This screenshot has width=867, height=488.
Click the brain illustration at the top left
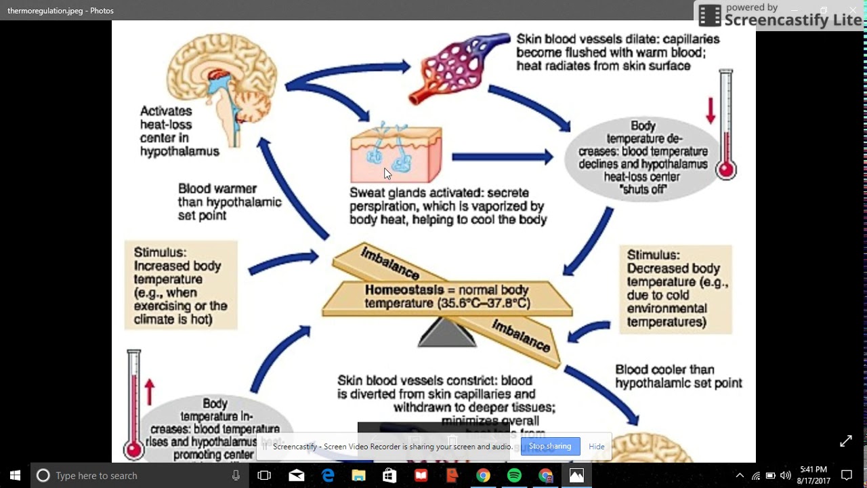pos(222,88)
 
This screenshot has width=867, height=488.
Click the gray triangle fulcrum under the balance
pos(447,333)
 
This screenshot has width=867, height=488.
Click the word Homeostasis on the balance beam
pos(404,290)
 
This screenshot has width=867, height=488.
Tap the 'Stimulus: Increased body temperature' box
pos(181,285)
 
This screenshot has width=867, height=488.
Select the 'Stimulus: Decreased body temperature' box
pos(676,289)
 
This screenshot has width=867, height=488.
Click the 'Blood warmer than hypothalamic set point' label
pos(229,202)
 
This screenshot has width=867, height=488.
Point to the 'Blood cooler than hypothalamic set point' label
pos(678,376)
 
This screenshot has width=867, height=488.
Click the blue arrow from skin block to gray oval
pos(502,157)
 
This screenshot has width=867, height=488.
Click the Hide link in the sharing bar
pos(597,447)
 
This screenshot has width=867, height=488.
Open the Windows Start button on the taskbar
pos(15,475)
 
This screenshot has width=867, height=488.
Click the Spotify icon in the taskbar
pos(514,475)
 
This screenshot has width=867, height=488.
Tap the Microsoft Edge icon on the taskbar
pos(328,475)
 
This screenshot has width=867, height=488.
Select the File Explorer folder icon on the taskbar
pos(358,475)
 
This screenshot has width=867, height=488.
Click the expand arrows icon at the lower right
pos(846,441)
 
